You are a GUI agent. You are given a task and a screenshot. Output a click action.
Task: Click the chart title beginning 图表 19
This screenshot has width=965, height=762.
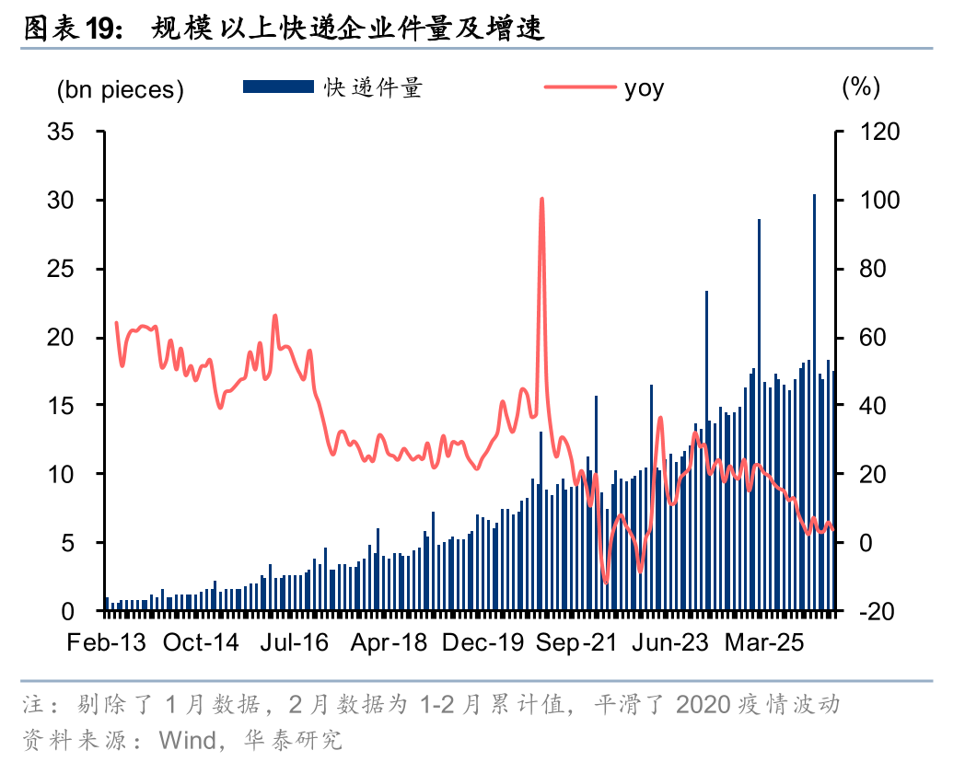pyautogui.click(x=284, y=29)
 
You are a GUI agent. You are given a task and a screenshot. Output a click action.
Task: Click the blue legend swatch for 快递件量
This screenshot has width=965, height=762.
pyautogui.click(x=278, y=87)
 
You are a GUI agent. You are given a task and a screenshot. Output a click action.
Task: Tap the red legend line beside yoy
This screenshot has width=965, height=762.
pyautogui.click(x=580, y=87)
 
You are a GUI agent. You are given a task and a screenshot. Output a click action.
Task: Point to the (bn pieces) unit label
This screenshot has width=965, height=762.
pyautogui.click(x=121, y=90)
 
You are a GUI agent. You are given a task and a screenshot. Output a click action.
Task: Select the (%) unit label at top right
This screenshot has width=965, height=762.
pyautogui.click(x=860, y=87)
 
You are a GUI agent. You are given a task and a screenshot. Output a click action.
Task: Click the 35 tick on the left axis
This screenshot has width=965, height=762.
pyautogui.click(x=61, y=132)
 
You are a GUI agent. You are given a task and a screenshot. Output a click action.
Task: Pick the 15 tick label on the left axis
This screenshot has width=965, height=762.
pyautogui.click(x=61, y=405)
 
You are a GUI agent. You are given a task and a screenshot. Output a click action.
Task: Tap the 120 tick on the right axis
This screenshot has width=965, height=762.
pyautogui.click(x=879, y=132)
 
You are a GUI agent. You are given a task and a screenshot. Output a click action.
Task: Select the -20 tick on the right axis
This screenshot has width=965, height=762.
pyautogui.click(x=876, y=611)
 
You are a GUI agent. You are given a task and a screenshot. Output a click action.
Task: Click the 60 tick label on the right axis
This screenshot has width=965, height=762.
pyautogui.click(x=873, y=337)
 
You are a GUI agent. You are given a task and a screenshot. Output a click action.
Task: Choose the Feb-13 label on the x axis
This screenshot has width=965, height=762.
pyautogui.click(x=107, y=642)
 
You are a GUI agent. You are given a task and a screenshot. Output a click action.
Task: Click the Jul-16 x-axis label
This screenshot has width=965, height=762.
pyautogui.click(x=294, y=642)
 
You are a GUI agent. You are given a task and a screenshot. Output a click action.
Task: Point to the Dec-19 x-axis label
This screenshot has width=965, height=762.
pyautogui.click(x=483, y=642)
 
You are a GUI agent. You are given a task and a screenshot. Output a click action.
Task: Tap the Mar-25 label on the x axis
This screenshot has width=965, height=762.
pyautogui.click(x=764, y=642)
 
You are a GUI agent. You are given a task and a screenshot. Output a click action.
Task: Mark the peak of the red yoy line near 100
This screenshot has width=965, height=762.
pyautogui.click(x=541, y=199)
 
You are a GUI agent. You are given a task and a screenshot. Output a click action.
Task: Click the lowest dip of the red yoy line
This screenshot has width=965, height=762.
pyautogui.click(x=606, y=582)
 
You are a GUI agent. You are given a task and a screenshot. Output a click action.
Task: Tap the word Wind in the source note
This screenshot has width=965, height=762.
pyautogui.click(x=187, y=741)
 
